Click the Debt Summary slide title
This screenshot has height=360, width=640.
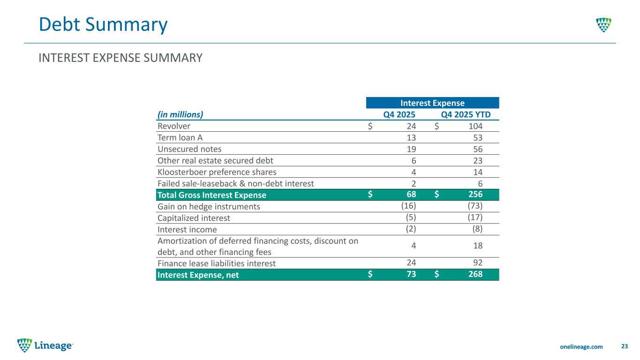[103, 25]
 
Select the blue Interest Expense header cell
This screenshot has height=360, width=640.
[432, 103]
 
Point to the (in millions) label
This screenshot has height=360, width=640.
[180, 114]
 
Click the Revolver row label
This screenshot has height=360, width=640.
[174, 126]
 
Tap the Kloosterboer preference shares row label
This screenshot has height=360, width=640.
[217, 172]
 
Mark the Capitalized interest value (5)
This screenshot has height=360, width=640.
[411, 217]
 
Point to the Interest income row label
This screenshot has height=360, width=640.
[187, 229]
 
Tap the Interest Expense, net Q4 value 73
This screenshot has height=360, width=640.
[409, 275]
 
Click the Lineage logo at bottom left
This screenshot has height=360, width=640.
[45, 345]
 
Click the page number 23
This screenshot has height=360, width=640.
[624, 346]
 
